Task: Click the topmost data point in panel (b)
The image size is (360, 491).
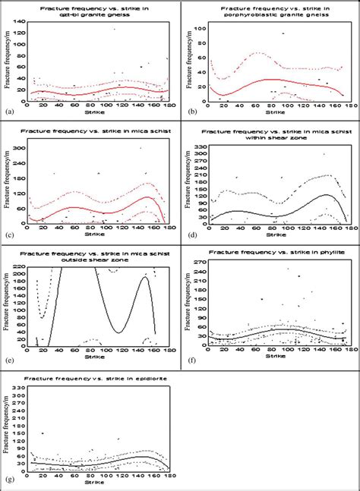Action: [x=283, y=33]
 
